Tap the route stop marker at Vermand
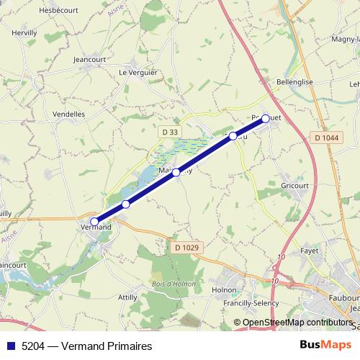[94, 222]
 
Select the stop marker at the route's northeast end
[266, 118]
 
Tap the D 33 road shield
[168, 132]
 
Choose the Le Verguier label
[137, 73]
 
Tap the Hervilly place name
[25, 33]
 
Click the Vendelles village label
[69, 114]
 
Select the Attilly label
[127, 297]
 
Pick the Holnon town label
[224, 289]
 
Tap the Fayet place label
[309, 251]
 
